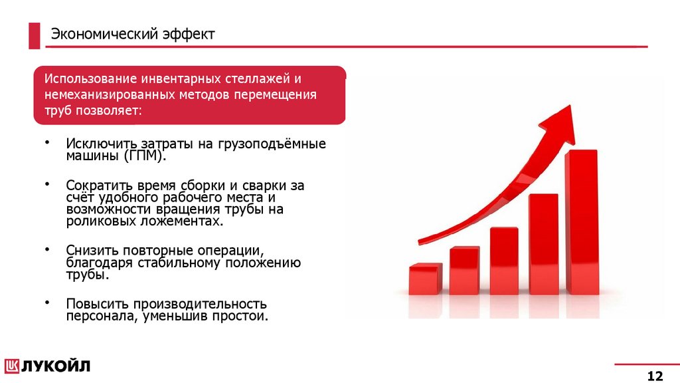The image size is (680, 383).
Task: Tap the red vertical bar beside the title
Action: tap(34, 35)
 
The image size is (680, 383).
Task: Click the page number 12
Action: tap(655, 376)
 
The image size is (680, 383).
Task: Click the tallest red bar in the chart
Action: tap(581, 223)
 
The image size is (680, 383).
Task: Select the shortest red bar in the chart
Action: tap(425, 279)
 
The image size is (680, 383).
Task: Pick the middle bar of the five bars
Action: tap(504, 261)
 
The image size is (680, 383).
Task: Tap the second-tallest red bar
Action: tap(543, 244)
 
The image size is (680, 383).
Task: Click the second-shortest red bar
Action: tap(464, 271)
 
